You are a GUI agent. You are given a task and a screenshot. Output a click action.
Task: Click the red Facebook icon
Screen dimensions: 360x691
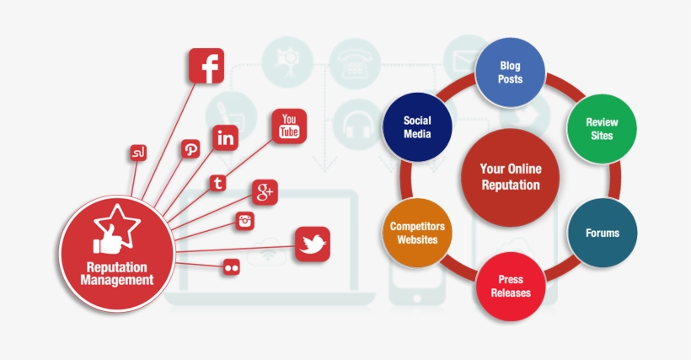click(x=206, y=66)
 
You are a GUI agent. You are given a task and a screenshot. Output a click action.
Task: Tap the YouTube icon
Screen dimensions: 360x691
click(x=289, y=126)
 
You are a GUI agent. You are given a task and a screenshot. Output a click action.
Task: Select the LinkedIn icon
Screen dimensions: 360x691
click(x=225, y=138)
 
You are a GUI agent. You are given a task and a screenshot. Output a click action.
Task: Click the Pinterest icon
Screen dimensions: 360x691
click(x=191, y=149)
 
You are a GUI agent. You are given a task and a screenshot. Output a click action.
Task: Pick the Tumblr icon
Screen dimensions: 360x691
click(x=218, y=182)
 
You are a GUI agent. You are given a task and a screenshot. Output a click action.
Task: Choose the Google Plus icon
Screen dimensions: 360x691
click(x=265, y=193)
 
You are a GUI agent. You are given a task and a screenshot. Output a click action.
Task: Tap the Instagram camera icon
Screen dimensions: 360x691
click(x=245, y=221)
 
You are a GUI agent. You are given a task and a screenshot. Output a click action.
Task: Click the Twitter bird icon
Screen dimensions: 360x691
click(x=312, y=244)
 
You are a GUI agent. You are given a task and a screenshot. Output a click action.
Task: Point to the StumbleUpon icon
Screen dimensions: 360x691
click(x=138, y=153)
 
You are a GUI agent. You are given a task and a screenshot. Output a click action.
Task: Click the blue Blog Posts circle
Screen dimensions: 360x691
click(x=510, y=73)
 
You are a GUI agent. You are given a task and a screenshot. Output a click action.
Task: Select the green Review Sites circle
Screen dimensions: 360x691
click(x=601, y=128)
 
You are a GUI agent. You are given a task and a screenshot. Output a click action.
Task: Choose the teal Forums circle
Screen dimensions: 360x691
click(x=602, y=232)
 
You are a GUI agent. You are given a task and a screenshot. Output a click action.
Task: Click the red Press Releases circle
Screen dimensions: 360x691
click(x=510, y=287)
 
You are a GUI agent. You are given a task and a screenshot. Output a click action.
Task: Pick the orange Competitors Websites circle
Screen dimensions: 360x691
click(x=417, y=233)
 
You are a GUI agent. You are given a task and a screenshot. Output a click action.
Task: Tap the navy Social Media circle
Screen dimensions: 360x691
click(x=417, y=127)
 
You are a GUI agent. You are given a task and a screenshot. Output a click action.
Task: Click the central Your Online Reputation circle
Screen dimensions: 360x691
click(x=510, y=177)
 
